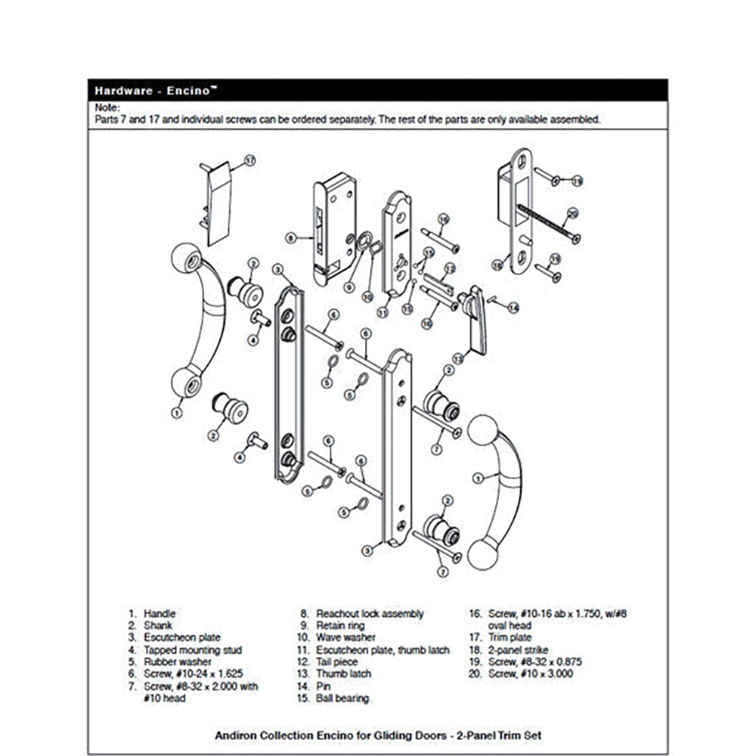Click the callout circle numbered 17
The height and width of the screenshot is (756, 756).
pyautogui.click(x=250, y=160)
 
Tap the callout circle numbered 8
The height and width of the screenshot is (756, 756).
pyautogui.click(x=290, y=237)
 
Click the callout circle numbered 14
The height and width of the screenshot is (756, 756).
pyautogui.click(x=513, y=307)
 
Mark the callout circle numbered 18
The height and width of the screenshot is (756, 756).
pyautogui.click(x=497, y=265)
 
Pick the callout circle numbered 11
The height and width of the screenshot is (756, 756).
pyautogui.click(x=383, y=311)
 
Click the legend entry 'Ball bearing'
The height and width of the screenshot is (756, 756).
pyautogui.click(x=342, y=698)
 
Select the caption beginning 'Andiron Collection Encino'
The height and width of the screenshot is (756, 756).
pyautogui.click(x=378, y=735)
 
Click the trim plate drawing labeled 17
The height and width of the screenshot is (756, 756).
pyautogui.click(x=218, y=204)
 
